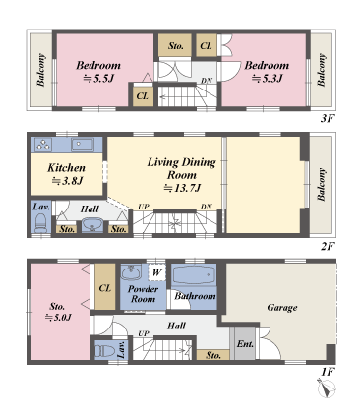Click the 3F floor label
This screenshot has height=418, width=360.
click(327, 118)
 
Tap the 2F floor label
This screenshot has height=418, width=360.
click(327, 245)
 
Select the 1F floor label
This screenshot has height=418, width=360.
click(327, 372)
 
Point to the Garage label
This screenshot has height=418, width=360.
click(282, 307)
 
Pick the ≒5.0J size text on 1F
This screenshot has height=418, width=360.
click(58, 318)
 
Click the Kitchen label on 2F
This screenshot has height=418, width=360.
click(66, 167)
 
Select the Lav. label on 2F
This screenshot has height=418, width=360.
click(41, 208)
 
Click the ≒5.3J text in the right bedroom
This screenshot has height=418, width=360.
click(265, 79)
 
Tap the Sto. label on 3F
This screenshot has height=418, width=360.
click(176, 45)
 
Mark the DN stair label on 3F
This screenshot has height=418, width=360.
click(207, 80)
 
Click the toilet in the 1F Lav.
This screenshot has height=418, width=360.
click(104, 349)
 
